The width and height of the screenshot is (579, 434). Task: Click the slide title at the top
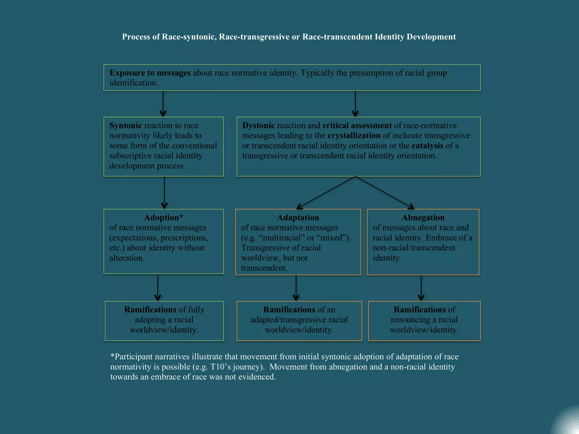coord(289,37)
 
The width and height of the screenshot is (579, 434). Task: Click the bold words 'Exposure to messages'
coord(150,73)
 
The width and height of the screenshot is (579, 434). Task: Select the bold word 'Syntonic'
coord(126,125)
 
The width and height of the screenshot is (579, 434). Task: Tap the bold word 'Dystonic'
coord(258,125)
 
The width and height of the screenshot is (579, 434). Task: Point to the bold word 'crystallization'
coord(354,136)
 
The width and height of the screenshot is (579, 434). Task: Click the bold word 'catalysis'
coord(427,146)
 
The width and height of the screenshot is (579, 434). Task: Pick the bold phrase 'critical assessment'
coord(357,125)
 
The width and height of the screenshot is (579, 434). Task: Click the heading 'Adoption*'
coord(164,218)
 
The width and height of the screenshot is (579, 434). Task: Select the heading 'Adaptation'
coord(298,218)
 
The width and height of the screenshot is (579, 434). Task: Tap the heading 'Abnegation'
coord(423,218)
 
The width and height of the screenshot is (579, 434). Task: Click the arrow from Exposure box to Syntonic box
coord(163,104)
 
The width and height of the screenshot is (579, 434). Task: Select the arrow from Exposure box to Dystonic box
coord(355,104)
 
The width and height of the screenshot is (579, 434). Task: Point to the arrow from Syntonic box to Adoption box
coord(164,193)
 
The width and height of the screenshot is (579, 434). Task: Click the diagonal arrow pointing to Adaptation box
coord(326,193)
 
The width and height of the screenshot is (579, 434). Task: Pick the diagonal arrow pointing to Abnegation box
coord(384,193)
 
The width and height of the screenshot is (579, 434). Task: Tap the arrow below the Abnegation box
coord(421,288)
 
